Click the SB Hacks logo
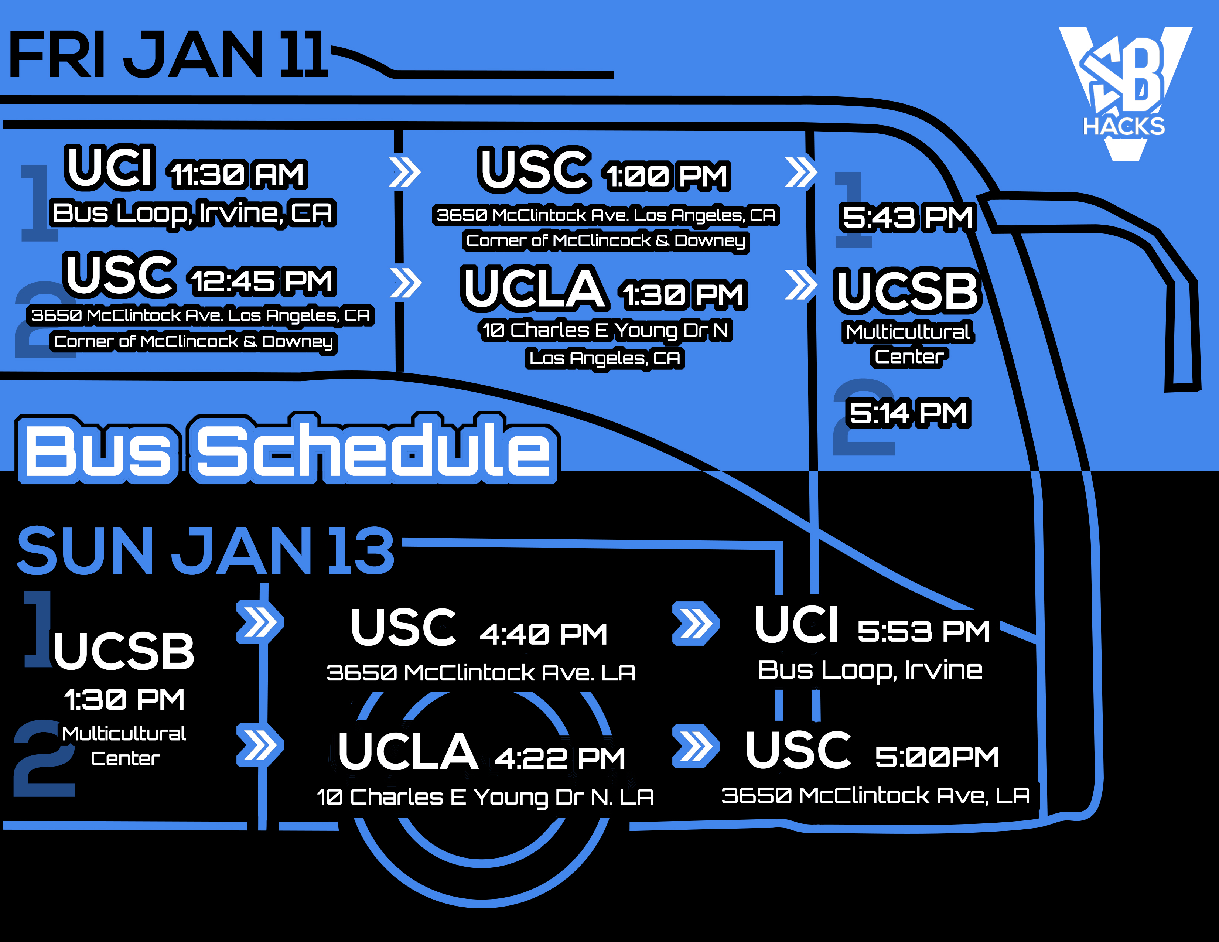[1125, 94]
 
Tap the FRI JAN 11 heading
[167, 55]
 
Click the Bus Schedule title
[287, 449]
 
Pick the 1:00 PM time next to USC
[667, 176]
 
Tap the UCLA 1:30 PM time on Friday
[683, 295]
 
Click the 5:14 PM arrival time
[908, 413]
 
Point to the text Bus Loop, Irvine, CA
[193, 213]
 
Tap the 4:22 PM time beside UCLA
[560, 758]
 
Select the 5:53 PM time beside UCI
[924, 632]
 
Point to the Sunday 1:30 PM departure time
[124, 699]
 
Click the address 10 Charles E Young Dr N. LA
[485, 797]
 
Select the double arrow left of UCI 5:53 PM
[696, 623]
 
